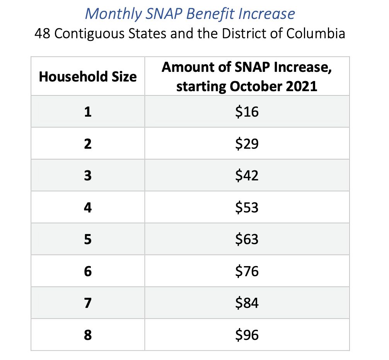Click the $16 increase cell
(247, 112)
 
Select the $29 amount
(247, 144)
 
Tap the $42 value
(247, 176)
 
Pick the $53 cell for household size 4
(247, 208)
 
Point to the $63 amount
(247, 239)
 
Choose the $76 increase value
(247, 272)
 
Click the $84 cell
(247, 303)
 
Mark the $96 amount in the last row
(247, 335)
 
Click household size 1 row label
(88, 112)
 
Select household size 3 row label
(88, 176)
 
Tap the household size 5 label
(88, 239)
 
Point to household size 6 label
(88, 272)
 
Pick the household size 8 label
(88, 335)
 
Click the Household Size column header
(88, 76)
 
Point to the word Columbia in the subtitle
(316, 34)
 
